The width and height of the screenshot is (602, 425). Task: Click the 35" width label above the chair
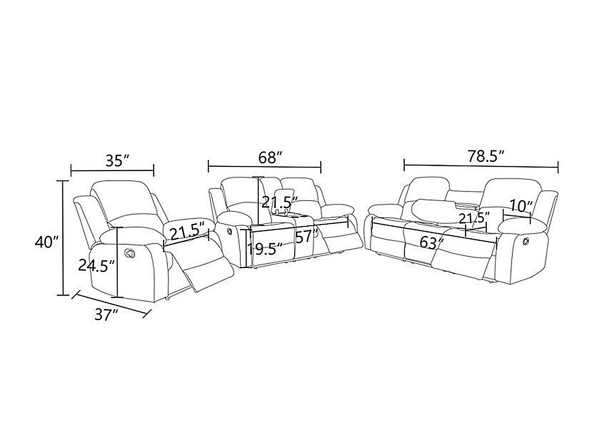118,161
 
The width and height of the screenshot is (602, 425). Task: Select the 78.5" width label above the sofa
485,156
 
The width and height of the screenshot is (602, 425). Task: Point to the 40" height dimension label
46,242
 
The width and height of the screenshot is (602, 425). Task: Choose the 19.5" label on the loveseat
265,249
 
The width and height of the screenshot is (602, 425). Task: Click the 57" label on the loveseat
307,236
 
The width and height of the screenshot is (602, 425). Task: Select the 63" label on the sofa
431,243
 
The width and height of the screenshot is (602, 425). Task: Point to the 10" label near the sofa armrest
521,206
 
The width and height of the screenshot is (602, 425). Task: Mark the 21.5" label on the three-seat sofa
474,218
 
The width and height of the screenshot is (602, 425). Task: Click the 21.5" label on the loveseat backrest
280,202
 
